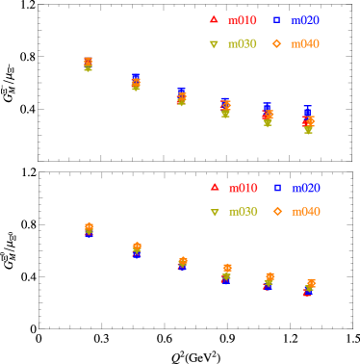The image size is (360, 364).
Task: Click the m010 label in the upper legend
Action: tap(243, 19)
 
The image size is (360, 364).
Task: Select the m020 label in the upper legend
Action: tap(305, 19)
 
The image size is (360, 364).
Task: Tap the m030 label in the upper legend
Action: tap(243, 43)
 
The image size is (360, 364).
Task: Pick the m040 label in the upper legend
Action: tap(305, 43)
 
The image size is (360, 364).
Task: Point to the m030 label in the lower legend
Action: tap(243, 211)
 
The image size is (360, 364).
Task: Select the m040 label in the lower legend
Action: tap(305, 211)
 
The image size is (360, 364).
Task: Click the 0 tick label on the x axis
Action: tap(39, 170)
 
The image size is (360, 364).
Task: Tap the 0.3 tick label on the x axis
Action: tap(100, 170)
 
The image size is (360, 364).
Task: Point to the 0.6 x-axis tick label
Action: tap(163, 170)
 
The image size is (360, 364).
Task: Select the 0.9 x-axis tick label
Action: tap(225, 170)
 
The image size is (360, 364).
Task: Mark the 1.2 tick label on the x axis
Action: tap(288, 170)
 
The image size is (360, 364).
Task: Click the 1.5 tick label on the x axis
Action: tap(350, 170)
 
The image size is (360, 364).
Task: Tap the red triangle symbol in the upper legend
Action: tap(215, 19)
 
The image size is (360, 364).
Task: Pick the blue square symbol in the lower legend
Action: tap(276, 187)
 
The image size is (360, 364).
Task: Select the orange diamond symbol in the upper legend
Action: tap(276, 43)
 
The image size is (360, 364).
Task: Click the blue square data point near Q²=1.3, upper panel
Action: tap(307, 111)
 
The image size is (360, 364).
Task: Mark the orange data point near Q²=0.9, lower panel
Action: tap(227, 268)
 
